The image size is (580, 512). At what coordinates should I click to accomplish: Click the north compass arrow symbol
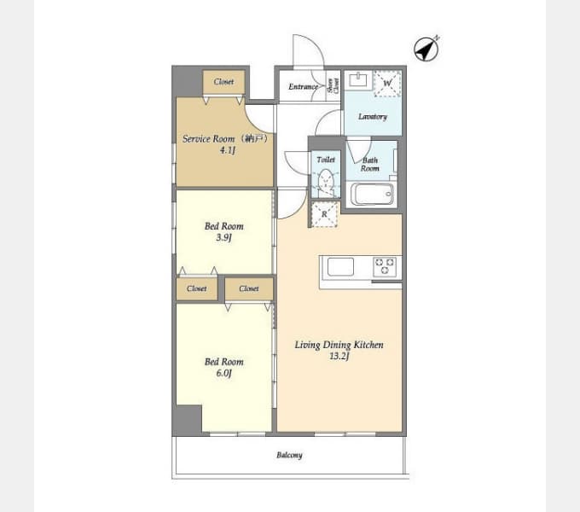click(426, 49)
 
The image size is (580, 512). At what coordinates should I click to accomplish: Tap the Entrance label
click(304, 86)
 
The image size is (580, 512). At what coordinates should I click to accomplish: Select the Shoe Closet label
click(333, 86)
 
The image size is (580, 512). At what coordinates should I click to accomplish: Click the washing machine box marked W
click(387, 84)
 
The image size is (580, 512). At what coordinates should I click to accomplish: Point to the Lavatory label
click(373, 117)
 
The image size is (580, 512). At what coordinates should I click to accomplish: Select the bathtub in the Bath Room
click(372, 194)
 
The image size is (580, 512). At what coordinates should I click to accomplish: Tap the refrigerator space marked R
click(324, 214)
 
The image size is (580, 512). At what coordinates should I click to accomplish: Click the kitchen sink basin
click(340, 267)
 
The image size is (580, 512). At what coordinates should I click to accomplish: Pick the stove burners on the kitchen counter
click(385, 267)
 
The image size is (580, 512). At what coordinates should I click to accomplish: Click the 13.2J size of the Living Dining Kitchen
click(339, 356)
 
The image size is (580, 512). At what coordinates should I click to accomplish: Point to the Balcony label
click(289, 455)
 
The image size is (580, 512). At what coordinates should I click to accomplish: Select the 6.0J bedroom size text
click(223, 373)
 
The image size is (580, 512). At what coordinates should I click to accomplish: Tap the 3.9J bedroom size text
click(223, 237)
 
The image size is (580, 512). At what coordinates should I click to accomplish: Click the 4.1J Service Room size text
click(228, 150)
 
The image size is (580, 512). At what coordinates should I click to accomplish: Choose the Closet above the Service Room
click(223, 82)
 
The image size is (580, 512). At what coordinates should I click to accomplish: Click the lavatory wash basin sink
click(358, 79)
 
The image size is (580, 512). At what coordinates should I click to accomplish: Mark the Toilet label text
click(326, 160)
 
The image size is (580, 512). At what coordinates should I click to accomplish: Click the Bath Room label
click(370, 165)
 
